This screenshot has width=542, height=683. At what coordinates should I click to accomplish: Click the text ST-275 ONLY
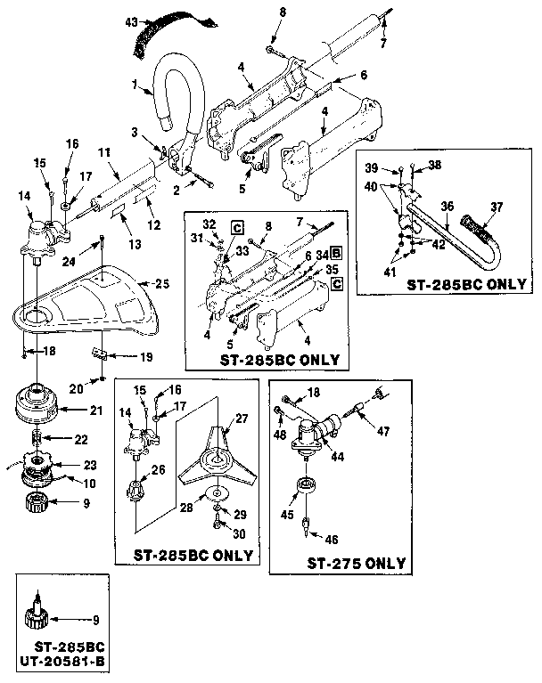[x=357, y=563]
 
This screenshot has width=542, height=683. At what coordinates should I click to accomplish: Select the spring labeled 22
[x=38, y=438]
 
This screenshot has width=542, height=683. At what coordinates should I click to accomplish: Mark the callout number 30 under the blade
[x=238, y=533]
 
